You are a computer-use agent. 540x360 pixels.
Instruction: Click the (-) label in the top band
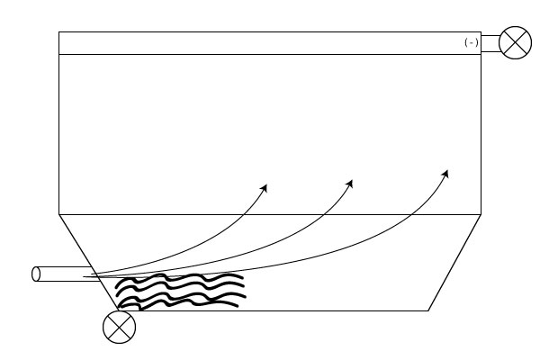click(471, 42)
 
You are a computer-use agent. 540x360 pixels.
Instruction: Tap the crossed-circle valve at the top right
click(515, 42)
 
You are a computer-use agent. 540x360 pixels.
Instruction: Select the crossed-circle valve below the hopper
click(119, 327)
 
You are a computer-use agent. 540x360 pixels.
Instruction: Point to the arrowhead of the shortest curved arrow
click(264, 188)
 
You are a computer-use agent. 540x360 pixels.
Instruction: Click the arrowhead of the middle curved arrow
click(349, 184)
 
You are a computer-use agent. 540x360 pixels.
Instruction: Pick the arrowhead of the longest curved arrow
click(445, 174)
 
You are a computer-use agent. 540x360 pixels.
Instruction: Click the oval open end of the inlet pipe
click(36, 274)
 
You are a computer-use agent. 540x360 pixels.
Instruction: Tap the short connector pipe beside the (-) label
click(490, 43)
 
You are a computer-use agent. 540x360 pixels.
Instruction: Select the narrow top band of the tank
click(270, 43)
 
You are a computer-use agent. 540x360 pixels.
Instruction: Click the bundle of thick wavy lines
click(181, 292)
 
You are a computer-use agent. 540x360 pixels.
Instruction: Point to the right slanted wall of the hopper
click(454, 263)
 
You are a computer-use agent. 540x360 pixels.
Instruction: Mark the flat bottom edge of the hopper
click(274, 310)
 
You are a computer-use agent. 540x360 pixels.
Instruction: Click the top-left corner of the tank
click(58, 32)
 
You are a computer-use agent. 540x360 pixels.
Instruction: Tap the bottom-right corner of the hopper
click(428, 310)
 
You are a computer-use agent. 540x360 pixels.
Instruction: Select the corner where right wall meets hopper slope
click(481, 214)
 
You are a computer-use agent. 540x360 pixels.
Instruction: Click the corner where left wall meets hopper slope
click(58, 214)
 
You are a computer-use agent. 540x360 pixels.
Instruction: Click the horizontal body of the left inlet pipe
click(66, 274)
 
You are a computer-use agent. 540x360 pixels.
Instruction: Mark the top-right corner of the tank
click(481, 32)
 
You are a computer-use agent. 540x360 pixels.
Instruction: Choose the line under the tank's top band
click(270, 54)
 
